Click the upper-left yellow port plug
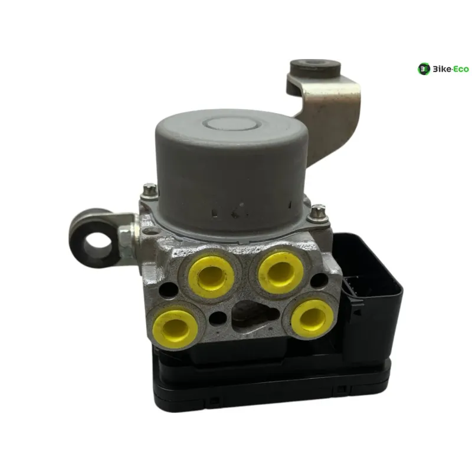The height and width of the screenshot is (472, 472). [x=211, y=277]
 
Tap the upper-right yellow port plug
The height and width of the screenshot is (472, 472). [x=281, y=273]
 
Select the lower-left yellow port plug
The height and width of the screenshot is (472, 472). [x=175, y=329]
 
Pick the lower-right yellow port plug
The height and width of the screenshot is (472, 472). [x=312, y=319]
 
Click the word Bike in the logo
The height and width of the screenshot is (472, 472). [x=442, y=69]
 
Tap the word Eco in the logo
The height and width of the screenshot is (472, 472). [x=461, y=69]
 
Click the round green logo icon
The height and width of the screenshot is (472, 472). [x=424, y=69]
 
